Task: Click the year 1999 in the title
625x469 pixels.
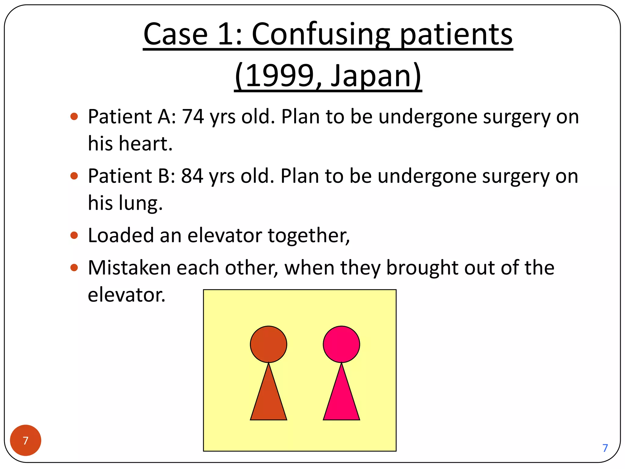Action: (280, 75)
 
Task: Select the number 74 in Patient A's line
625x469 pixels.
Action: (193, 117)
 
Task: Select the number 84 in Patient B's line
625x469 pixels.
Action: (192, 176)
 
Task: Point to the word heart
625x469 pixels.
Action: (146, 144)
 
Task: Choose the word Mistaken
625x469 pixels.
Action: (129, 268)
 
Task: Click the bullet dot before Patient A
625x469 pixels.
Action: (74, 116)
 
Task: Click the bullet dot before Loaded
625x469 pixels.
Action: (74, 235)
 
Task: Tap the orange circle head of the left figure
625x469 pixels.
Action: (269, 344)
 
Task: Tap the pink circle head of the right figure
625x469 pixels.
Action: (341, 344)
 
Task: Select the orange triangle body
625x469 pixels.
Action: (269, 400)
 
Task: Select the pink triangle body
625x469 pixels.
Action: (341, 400)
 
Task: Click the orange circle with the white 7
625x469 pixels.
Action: (26, 440)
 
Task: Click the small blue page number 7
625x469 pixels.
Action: (605, 448)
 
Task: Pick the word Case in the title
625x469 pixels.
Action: (175, 34)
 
